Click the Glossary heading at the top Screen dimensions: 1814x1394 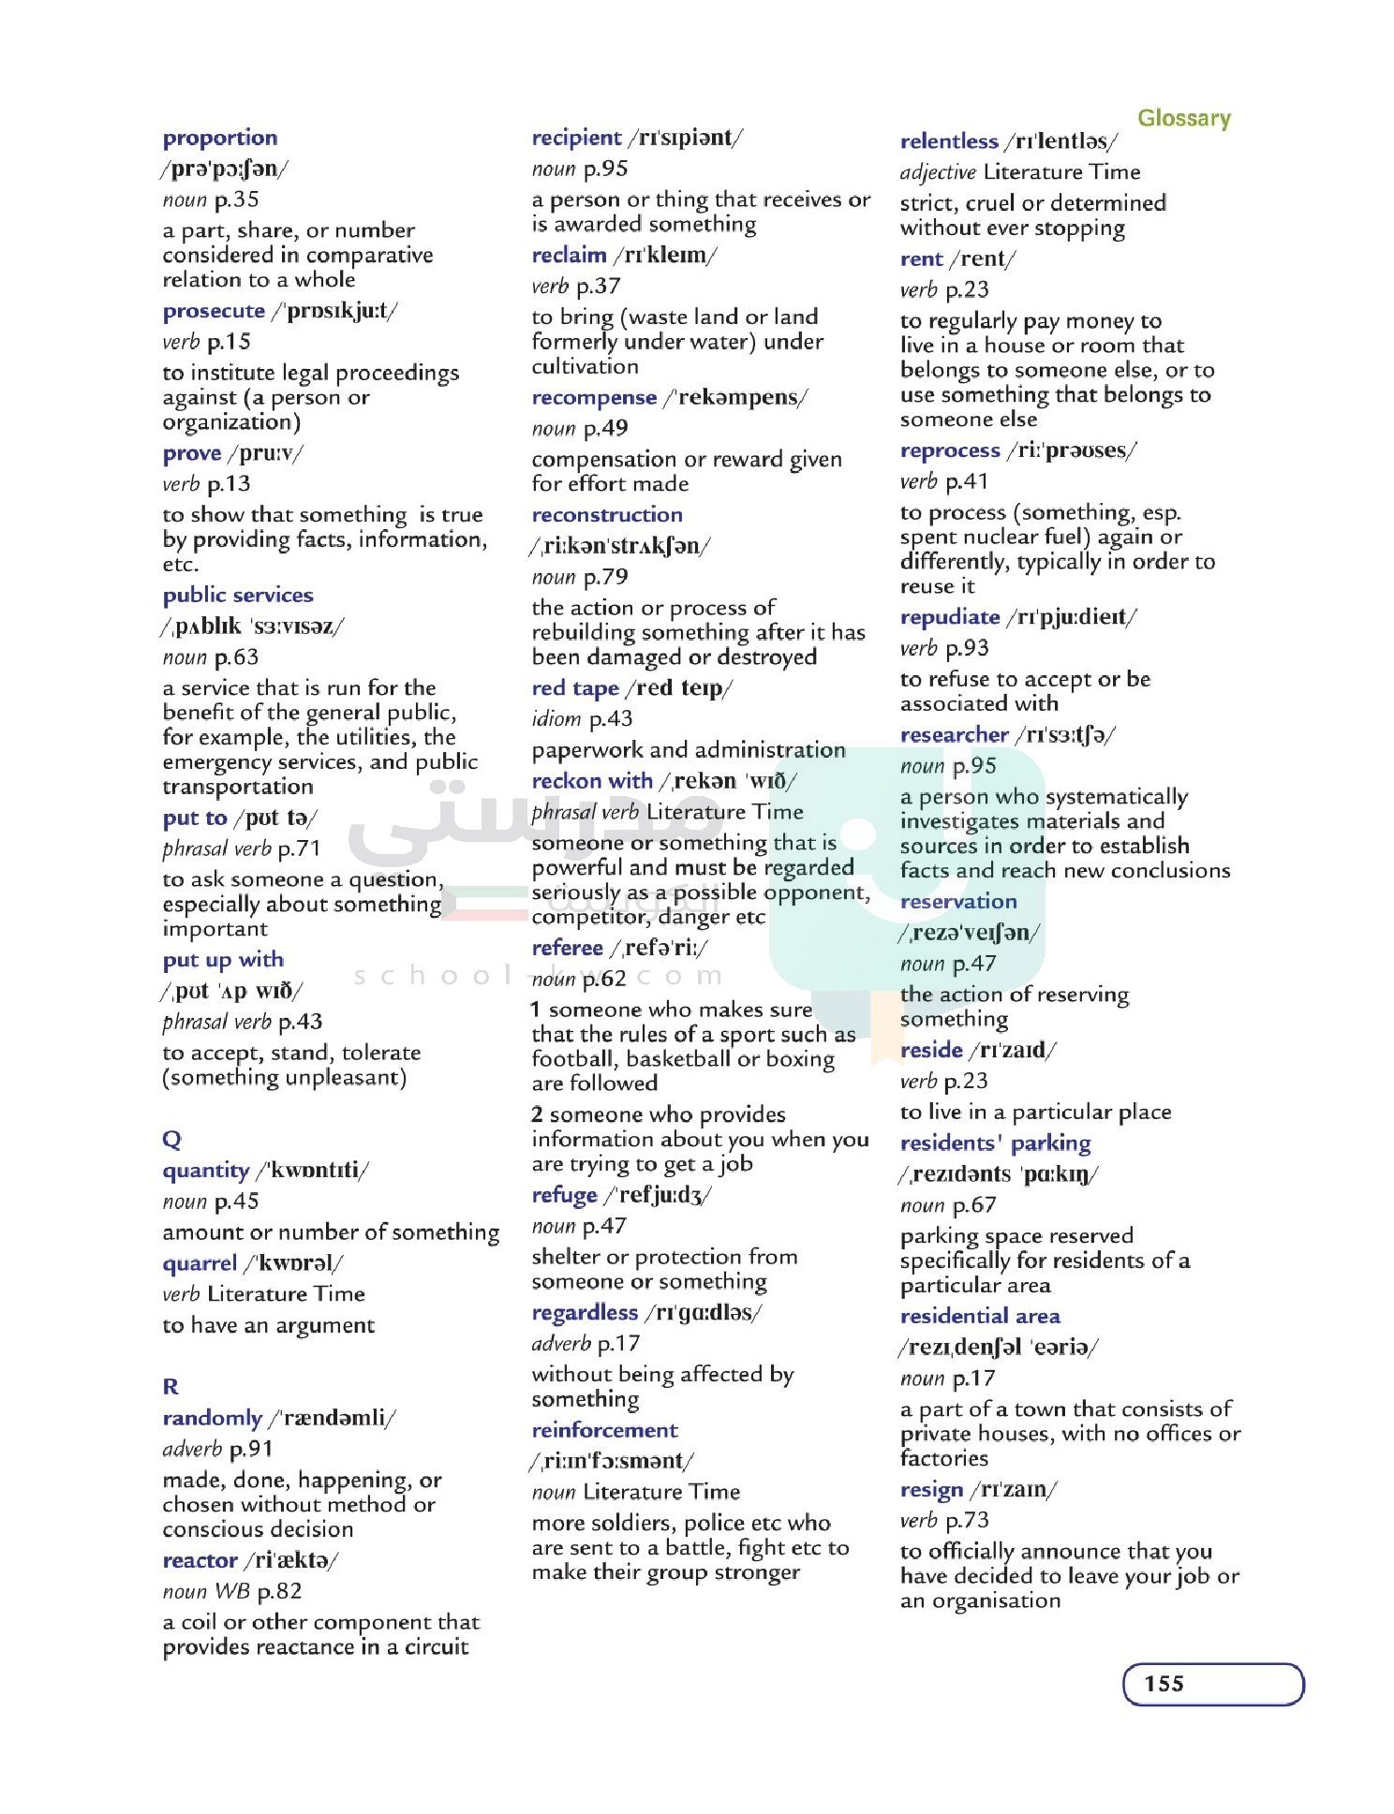[x=1183, y=118]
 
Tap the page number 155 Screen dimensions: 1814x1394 [x=1164, y=1683]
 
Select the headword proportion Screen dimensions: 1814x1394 [x=220, y=138]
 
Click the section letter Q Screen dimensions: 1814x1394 [x=171, y=1139]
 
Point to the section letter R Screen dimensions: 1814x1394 [x=171, y=1386]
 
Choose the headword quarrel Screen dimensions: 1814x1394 [x=200, y=1263]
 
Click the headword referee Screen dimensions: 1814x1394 [x=567, y=948]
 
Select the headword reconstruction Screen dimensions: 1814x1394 [x=607, y=515]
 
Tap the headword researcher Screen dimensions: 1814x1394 [x=954, y=735]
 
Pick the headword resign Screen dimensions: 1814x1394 [x=931, y=1489]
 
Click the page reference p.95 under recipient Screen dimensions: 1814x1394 [x=605, y=170]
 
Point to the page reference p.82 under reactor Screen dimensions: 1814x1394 [x=279, y=1591]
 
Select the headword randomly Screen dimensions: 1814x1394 [x=213, y=1418]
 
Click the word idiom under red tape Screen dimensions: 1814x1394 [x=556, y=719]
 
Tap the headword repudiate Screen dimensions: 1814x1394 [x=950, y=617]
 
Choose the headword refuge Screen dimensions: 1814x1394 [x=564, y=1195]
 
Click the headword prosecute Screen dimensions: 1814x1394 [x=214, y=311]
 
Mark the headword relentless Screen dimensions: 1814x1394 [x=949, y=141]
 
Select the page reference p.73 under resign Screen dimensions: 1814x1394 [x=967, y=1520]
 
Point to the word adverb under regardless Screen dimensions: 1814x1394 [x=561, y=1344]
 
